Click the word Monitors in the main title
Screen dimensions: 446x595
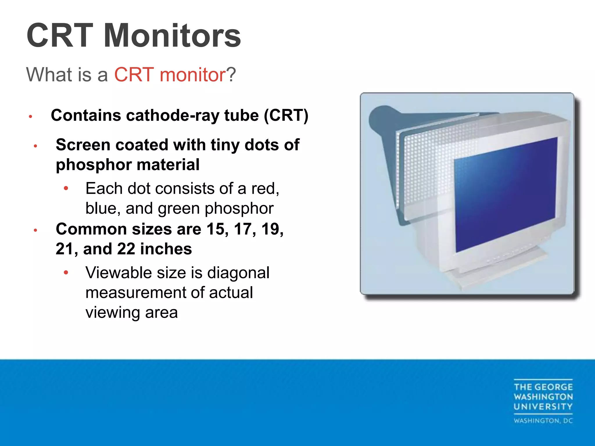coord(172,36)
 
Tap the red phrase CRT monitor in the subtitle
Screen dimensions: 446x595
coord(170,75)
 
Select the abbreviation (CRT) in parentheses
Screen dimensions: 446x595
coord(286,116)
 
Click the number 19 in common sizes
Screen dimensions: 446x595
coord(272,229)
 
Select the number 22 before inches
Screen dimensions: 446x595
coord(126,249)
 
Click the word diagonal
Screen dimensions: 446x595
coord(238,273)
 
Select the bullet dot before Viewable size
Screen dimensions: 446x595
coord(66,273)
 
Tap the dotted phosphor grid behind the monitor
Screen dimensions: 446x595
coord(427,168)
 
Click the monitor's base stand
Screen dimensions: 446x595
coord(491,273)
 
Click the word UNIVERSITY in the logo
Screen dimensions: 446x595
coord(543,407)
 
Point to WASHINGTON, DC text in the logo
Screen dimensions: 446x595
coord(543,421)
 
